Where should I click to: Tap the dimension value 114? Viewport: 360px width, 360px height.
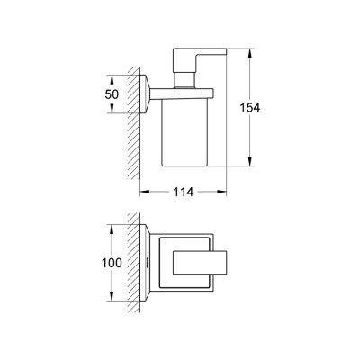[x=182, y=192]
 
